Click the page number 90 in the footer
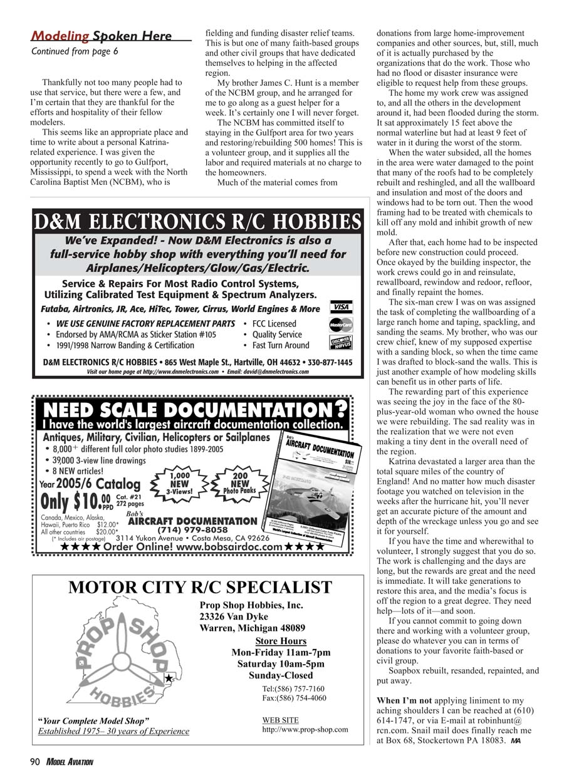pyautogui.click(x=35, y=762)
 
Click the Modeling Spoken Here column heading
pyautogui.click(x=102, y=36)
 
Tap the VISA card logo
pyautogui.click(x=341, y=308)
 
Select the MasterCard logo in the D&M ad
pyautogui.click(x=341, y=325)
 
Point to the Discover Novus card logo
pyautogui.click(x=341, y=342)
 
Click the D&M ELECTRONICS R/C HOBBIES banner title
pyautogui.click(x=198, y=222)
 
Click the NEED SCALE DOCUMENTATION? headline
pyautogui.click(x=193, y=410)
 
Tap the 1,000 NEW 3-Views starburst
pyautogui.click(x=179, y=483)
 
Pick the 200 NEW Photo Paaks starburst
pyautogui.click(x=239, y=483)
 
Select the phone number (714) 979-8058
pyautogui.click(x=192, y=530)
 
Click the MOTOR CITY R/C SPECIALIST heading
pyautogui.click(x=200, y=587)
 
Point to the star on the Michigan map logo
pyautogui.click(x=169, y=679)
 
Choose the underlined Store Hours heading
pyautogui.click(x=281, y=641)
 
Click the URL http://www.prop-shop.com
pyautogui.click(x=305, y=729)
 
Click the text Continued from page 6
pyautogui.click(x=75, y=51)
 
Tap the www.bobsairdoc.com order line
pyautogui.click(x=192, y=547)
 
